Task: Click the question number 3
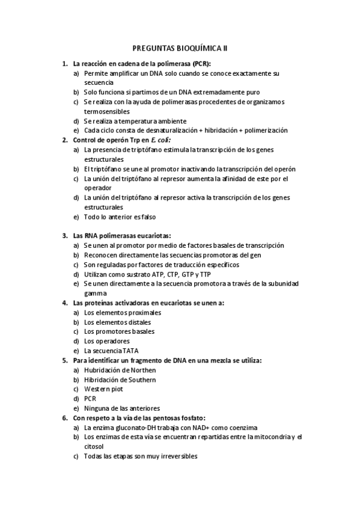point(64,236)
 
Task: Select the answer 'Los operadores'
point(107,341)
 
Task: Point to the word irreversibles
point(174,456)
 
